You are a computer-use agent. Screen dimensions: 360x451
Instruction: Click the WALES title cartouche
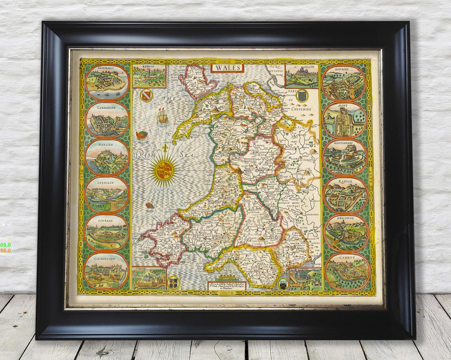(227, 68)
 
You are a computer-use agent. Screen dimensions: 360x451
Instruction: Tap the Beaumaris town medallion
(107, 82)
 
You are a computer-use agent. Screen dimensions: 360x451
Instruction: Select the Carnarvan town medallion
(107, 119)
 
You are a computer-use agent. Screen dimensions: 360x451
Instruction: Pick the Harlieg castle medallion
(107, 157)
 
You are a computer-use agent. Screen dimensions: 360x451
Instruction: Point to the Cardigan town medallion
(107, 194)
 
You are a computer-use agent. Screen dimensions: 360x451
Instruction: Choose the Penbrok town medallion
(107, 232)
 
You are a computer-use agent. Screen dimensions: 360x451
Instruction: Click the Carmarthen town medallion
(106, 271)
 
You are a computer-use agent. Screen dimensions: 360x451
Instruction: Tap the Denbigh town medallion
(343, 83)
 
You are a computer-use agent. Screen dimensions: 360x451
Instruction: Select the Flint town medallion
(344, 120)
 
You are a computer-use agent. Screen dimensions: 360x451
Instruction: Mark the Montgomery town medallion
(345, 157)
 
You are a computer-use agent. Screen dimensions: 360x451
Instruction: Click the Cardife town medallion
(347, 271)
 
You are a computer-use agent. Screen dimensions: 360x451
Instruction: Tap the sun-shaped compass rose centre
(164, 171)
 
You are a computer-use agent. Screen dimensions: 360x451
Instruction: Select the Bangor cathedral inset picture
(149, 76)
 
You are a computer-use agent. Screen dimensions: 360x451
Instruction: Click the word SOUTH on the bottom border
(227, 293)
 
